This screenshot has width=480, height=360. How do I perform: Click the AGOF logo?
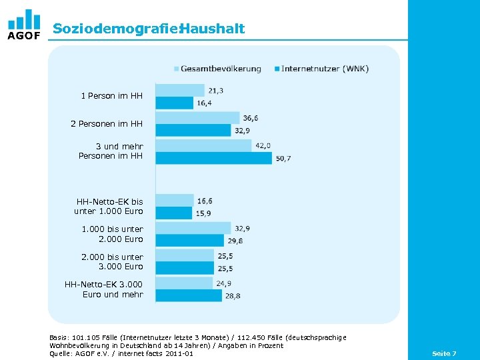click(x=24, y=25)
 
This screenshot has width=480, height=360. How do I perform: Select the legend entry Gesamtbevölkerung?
click(x=220, y=69)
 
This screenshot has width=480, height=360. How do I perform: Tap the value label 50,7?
click(x=283, y=159)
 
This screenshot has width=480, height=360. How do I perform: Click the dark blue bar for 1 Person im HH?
click(x=174, y=103)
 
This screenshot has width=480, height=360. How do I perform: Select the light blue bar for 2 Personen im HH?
click(x=197, y=117)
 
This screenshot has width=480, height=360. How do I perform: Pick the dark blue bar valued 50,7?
click(x=213, y=158)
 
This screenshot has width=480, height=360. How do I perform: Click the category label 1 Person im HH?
click(x=111, y=96)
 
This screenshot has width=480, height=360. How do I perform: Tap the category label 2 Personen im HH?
click(x=107, y=124)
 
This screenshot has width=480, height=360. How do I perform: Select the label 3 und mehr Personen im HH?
click(x=111, y=151)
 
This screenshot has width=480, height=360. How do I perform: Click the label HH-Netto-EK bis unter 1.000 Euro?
click(x=109, y=206)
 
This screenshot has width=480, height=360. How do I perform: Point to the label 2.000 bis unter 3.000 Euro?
click(x=112, y=261)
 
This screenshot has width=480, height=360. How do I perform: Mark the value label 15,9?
click(x=203, y=213)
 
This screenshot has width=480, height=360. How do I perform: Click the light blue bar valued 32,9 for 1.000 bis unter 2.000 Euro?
click(x=193, y=228)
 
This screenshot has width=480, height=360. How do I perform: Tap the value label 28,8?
click(x=232, y=296)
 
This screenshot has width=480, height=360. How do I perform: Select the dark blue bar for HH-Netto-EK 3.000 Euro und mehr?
click(x=189, y=295)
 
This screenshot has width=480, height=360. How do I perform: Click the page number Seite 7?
click(x=444, y=353)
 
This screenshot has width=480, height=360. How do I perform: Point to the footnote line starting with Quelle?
click(x=121, y=353)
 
